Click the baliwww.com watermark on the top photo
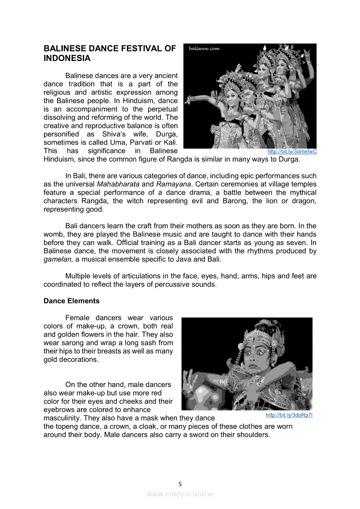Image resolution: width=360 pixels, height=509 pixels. click(x=204, y=49)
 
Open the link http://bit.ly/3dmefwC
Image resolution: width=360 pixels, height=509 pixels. click(x=292, y=152)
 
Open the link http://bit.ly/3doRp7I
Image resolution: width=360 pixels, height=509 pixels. click(x=289, y=415)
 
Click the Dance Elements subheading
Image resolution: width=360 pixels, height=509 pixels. click(x=71, y=301)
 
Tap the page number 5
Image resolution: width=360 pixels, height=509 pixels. click(x=180, y=484)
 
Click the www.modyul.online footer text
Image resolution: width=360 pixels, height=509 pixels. click(x=180, y=494)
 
